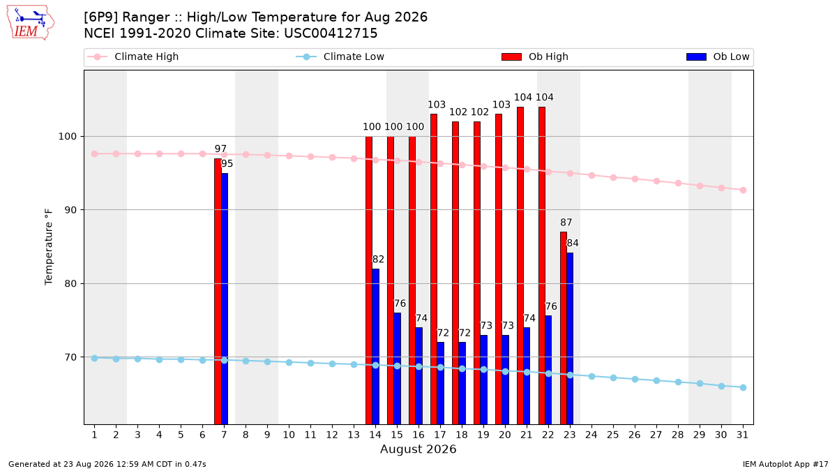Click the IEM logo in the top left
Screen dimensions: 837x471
[x=31, y=23]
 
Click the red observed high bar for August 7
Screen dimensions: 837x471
[x=218, y=291]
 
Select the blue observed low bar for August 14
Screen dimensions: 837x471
[x=375, y=347]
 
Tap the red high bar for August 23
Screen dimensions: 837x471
[x=563, y=328]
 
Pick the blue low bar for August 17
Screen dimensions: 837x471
[x=441, y=383]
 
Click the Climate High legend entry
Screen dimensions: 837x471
[x=133, y=57]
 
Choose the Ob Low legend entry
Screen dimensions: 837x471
[x=718, y=57]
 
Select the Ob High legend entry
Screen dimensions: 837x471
[x=535, y=57]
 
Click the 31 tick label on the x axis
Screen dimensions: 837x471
[x=743, y=435]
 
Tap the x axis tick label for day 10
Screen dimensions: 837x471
[x=289, y=435]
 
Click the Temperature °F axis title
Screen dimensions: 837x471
[x=49, y=248]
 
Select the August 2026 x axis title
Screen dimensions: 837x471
[x=418, y=449]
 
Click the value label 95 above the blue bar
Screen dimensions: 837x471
[x=227, y=164]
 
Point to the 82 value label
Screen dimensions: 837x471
[x=378, y=260]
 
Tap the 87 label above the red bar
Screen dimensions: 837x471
[x=566, y=223]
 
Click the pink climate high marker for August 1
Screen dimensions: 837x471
[x=95, y=154]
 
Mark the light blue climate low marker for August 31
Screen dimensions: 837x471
[x=743, y=388]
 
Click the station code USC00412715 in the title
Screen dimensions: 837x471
[x=331, y=33]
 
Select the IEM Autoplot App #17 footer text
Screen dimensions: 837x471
[x=785, y=464]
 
